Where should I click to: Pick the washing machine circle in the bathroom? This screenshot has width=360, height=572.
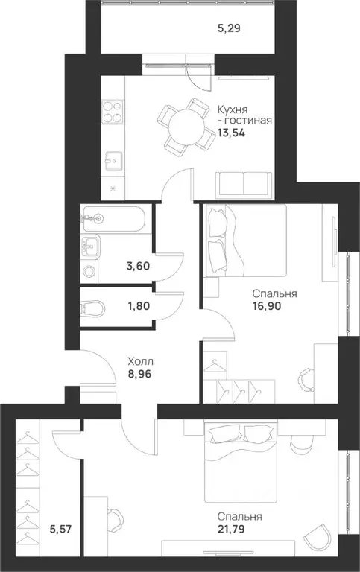coord(89,271)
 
